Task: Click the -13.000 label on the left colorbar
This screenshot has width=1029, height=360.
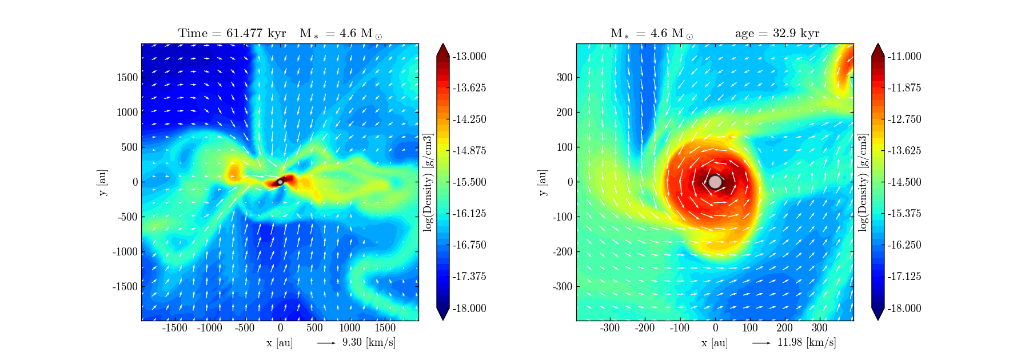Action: (x=469, y=56)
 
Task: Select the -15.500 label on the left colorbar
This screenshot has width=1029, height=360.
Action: (x=469, y=182)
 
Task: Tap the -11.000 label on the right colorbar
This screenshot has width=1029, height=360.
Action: (x=904, y=56)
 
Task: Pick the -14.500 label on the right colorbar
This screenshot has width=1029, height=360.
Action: (x=904, y=182)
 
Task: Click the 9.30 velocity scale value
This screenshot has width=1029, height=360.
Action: (x=352, y=342)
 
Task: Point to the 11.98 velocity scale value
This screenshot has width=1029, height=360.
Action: (x=789, y=342)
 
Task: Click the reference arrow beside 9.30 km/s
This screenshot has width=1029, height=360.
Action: (x=326, y=343)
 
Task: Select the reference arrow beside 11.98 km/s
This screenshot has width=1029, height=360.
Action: (x=761, y=343)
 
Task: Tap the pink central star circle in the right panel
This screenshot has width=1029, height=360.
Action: (x=715, y=182)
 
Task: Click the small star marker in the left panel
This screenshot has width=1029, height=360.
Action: (x=280, y=182)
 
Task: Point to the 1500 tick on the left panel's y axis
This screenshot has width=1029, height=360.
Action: (x=127, y=77)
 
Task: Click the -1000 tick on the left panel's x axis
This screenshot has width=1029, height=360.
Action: (x=209, y=328)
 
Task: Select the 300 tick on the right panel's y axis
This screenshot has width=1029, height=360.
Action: (x=565, y=77)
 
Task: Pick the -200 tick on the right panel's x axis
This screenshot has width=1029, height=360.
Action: (x=645, y=328)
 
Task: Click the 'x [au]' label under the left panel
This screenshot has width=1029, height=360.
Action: (x=280, y=343)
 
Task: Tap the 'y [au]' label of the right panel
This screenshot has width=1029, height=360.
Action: (x=542, y=182)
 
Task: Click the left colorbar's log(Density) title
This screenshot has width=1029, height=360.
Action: (x=428, y=182)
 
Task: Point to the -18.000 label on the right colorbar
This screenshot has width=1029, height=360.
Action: (x=904, y=308)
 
